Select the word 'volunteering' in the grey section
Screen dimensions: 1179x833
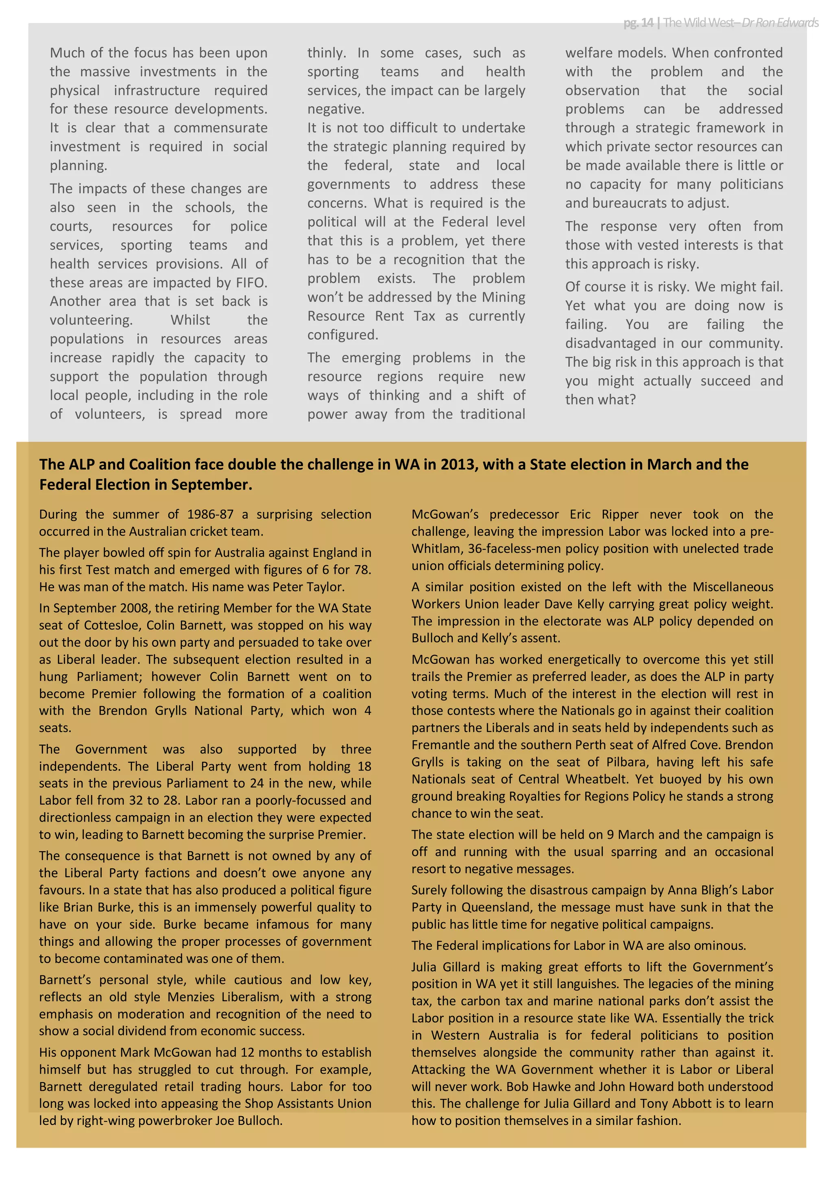click(x=91, y=320)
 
